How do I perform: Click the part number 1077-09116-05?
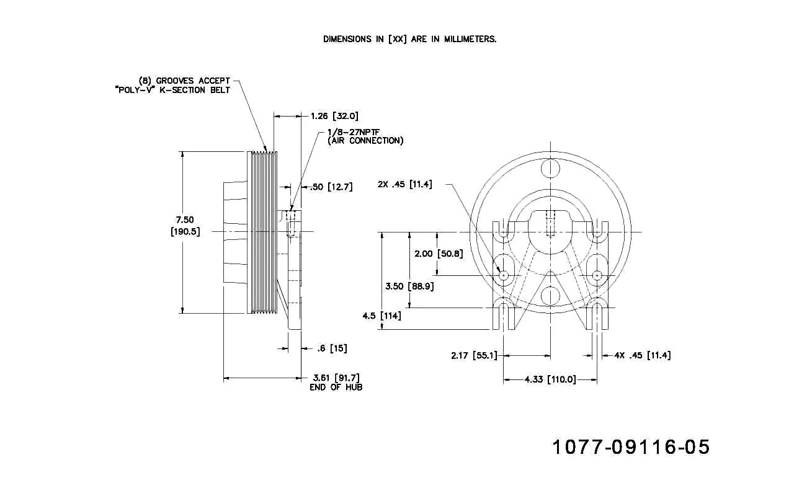tap(631, 447)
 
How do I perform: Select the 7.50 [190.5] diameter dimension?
tap(185, 226)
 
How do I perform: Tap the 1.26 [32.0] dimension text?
tap(334, 116)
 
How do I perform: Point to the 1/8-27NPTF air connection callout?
tap(365, 136)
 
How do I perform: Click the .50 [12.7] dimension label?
tap(331, 187)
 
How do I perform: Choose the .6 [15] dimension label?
tap(332, 348)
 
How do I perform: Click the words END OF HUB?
tap(336, 387)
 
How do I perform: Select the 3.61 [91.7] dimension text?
tap(336, 378)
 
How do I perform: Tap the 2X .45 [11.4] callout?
tap(405, 184)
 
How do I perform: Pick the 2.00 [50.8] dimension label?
tap(439, 254)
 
